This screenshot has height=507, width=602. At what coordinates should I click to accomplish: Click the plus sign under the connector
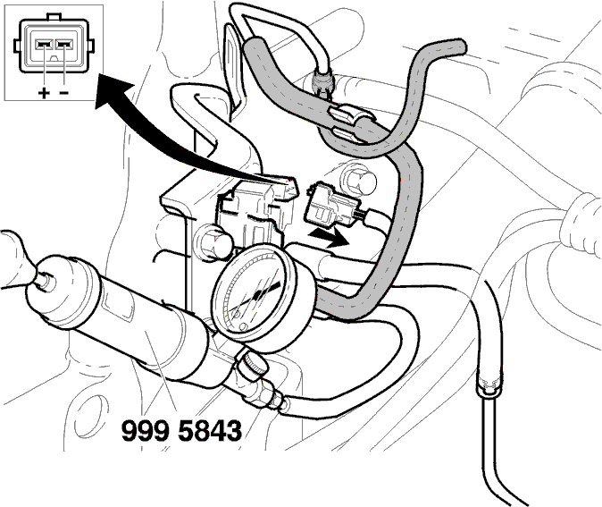(x=44, y=93)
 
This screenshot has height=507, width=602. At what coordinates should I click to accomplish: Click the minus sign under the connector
(x=64, y=92)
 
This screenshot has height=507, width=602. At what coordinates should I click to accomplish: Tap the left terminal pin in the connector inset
(x=44, y=45)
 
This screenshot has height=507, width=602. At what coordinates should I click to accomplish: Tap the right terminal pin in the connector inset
(x=64, y=45)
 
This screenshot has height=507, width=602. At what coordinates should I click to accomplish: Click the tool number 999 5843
(x=181, y=430)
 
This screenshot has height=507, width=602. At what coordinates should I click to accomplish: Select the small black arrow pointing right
(x=329, y=237)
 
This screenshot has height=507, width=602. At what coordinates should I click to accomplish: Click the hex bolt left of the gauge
(x=213, y=242)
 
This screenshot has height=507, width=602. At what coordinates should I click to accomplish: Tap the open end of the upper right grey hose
(x=459, y=46)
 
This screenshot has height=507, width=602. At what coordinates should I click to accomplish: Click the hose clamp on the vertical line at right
(x=489, y=385)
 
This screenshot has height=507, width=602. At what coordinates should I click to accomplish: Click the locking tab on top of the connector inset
(x=54, y=17)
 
